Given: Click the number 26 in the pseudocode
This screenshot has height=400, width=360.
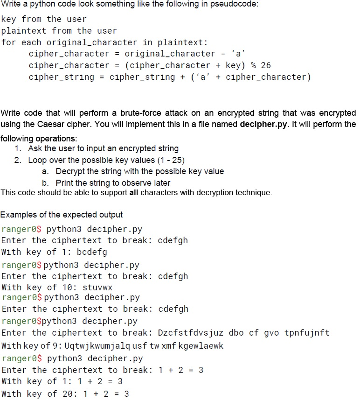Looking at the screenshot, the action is pos(265,65).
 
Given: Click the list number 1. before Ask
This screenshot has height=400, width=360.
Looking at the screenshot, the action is pos(18,148).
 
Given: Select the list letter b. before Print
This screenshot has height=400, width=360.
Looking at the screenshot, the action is pos(46,182).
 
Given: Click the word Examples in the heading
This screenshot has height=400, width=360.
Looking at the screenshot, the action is pos(19,215).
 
